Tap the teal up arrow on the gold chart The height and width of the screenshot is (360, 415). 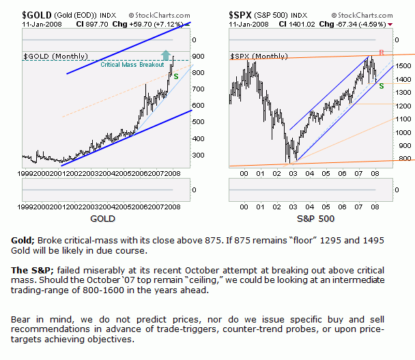click(x=167, y=56)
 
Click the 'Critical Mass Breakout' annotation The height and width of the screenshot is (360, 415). click(x=132, y=65)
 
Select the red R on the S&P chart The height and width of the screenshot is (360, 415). click(x=381, y=53)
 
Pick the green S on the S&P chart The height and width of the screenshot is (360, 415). click(x=381, y=85)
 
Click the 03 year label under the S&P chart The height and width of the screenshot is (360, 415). click(x=293, y=172)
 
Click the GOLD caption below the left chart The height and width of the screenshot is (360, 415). click(x=101, y=220)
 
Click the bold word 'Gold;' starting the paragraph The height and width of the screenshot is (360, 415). click(x=23, y=241)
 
